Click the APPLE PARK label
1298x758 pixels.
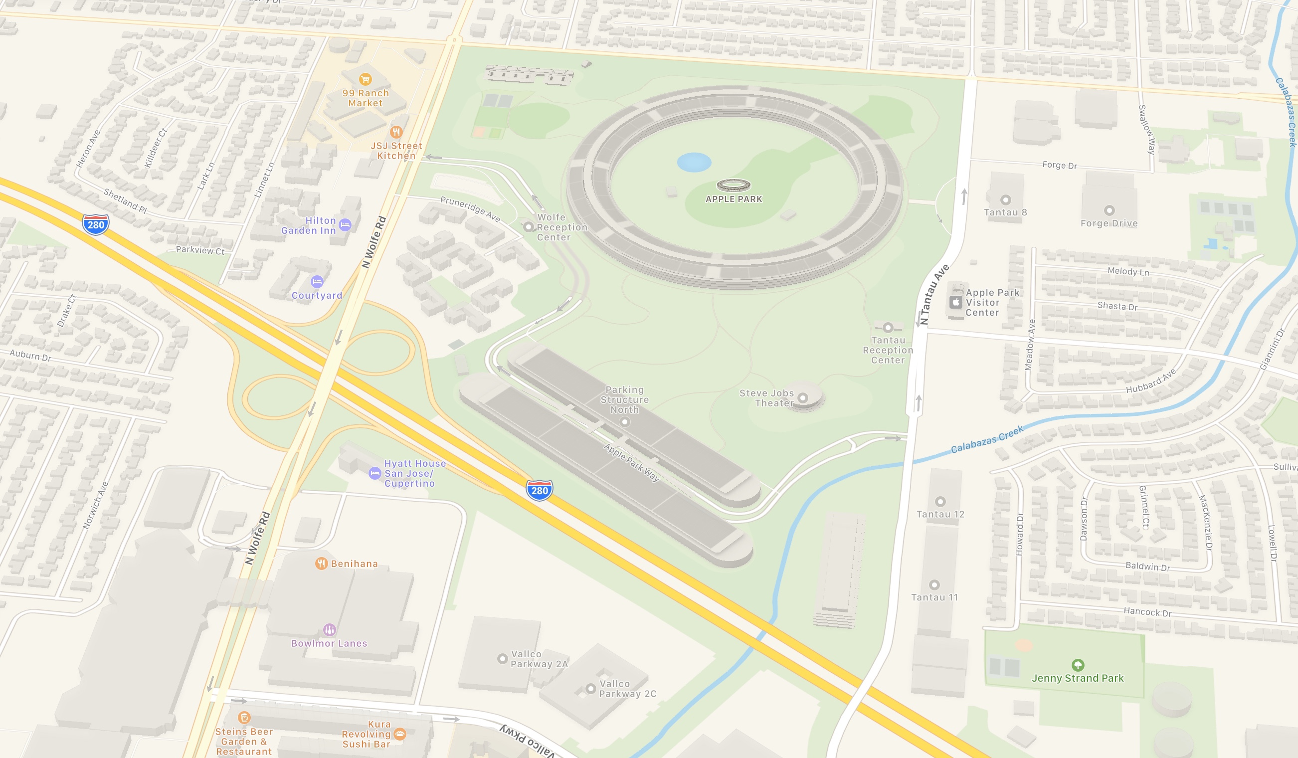(x=734, y=199)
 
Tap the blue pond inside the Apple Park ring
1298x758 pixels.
(x=694, y=162)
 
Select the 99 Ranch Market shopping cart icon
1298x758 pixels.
(x=365, y=79)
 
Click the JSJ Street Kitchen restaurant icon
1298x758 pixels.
(x=396, y=132)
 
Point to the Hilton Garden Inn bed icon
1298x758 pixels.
(x=345, y=225)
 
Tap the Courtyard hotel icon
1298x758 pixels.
(x=317, y=282)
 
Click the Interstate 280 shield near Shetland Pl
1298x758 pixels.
(x=96, y=224)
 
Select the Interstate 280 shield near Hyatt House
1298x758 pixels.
(x=539, y=490)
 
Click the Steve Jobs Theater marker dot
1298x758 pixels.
(x=802, y=397)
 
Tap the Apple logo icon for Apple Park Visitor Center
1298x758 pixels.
(x=955, y=302)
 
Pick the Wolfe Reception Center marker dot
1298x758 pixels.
(x=528, y=226)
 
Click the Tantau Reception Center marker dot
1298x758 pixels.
(x=888, y=328)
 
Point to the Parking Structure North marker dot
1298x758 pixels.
(x=625, y=422)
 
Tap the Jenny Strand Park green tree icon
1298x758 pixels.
(x=1078, y=665)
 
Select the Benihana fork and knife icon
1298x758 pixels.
(x=322, y=564)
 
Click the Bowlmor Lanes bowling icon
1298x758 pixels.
(x=330, y=630)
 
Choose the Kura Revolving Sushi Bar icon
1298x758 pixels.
(x=400, y=734)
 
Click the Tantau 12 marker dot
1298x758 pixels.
(x=940, y=502)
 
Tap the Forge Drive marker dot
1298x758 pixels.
(x=1109, y=210)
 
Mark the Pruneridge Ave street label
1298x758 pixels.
(x=470, y=208)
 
